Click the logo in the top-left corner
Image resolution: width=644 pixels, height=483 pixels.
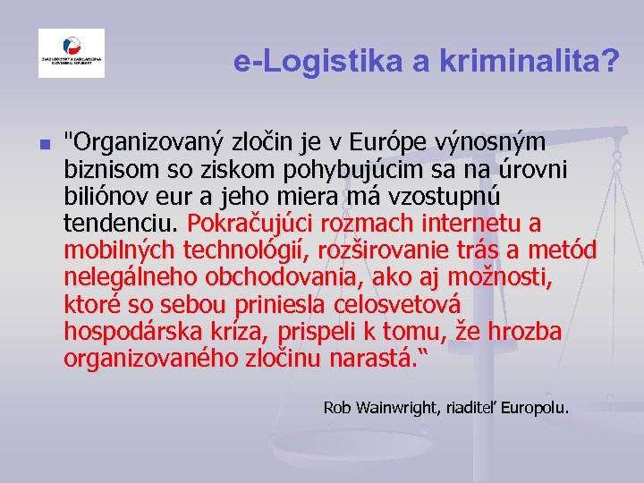[x=71, y=53]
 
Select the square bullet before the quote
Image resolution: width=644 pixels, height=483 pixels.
[x=44, y=143]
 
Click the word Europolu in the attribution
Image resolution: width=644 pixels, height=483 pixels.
[x=534, y=408]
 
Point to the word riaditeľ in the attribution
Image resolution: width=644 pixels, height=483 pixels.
[x=470, y=408]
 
